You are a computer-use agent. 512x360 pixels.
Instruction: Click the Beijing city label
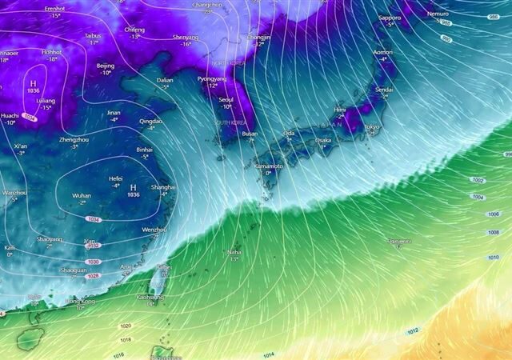(x=105, y=66)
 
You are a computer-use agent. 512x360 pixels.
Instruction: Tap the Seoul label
(x=226, y=99)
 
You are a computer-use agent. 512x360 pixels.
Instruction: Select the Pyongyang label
(x=213, y=79)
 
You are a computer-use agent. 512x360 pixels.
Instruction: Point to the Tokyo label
(x=372, y=126)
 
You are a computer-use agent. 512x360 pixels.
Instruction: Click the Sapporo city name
(x=389, y=18)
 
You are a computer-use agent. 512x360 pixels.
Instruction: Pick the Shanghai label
(x=164, y=186)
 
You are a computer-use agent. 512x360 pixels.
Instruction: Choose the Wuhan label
(x=82, y=195)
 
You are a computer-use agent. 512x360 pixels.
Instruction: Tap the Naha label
(x=234, y=251)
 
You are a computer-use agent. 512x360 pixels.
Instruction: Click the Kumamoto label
(x=269, y=165)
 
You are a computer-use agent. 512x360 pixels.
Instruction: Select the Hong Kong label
(x=80, y=301)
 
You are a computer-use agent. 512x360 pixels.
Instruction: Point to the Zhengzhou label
(x=74, y=139)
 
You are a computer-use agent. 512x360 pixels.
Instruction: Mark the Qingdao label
(x=150, y=121)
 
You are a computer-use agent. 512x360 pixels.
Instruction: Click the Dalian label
(x=165, y=80)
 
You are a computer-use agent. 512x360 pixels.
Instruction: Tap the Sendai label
(x=385, y=90)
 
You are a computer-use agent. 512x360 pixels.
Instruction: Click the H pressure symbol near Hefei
(x=133, y=186)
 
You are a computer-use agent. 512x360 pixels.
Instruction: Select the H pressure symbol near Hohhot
(x=34, y=83)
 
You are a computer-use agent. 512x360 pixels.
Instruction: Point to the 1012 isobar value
(x=412, y=331)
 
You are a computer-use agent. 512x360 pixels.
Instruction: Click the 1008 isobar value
(x=493, y=233)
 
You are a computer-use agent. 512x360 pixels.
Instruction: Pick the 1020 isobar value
(x=126, y=326)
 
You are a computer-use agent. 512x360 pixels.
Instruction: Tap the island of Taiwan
(x=159, y=280)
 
